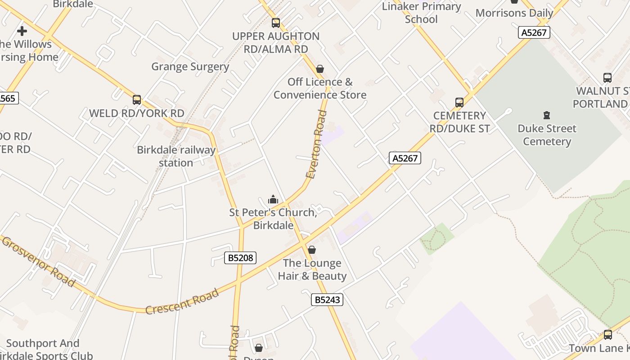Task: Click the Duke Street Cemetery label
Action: tap(547, 135)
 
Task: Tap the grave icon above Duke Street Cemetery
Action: tap(547, 115)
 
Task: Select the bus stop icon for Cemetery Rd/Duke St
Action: tap(459, 103)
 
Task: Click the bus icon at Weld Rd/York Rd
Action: tap(137, 100)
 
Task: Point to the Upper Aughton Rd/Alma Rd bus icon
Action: tap(275, 22)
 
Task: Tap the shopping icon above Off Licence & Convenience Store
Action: tap(320, 69)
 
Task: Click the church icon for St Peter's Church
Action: tap(273, 199)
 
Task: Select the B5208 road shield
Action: tap(240, 258)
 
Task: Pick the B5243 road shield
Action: tap(327, 300)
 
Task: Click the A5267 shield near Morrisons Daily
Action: tap(534, 32)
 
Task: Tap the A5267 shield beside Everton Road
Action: tap(405, 158)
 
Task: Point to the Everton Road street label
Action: tap(316, 144)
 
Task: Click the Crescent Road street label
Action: tap(182, 301)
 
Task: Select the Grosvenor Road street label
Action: tap(38, 261)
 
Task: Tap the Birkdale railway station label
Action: tap(176, 156)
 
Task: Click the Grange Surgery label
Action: tap(190, 67)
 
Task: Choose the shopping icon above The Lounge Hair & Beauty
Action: tap(312, 250)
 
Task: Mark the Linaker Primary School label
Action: tap(421, 13)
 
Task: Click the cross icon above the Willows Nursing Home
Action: tap(22, 31)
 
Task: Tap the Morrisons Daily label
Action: tap(514, 13)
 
